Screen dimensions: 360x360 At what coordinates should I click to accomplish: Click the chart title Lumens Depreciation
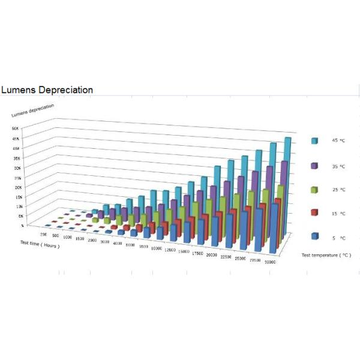pyautogui.click(x=47, y=90)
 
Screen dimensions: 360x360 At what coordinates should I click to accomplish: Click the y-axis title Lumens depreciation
pyautogui.click(x=33, y=109)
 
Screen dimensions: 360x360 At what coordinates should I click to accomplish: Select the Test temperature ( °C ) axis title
pyautogui.click(x=326, y=256)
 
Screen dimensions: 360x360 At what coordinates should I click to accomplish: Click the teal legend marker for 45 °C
pyautogui.click(x=314, y=140)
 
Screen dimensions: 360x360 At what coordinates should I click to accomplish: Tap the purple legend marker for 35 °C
pyautogui.click(x=314, y=164)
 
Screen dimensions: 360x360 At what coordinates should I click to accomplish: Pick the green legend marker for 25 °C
pyautogui.click(x=314, y=189)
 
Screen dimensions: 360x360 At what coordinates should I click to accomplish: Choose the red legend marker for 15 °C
pyautogui.click(x=314, y=213)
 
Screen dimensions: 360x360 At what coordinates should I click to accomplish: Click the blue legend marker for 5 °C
pyautogui.click(x=314, y=237)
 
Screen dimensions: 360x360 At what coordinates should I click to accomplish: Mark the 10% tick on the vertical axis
pyautogui.click(x=19, y=206)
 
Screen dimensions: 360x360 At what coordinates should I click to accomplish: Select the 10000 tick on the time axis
pyautogui.click(x=155, y=248)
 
